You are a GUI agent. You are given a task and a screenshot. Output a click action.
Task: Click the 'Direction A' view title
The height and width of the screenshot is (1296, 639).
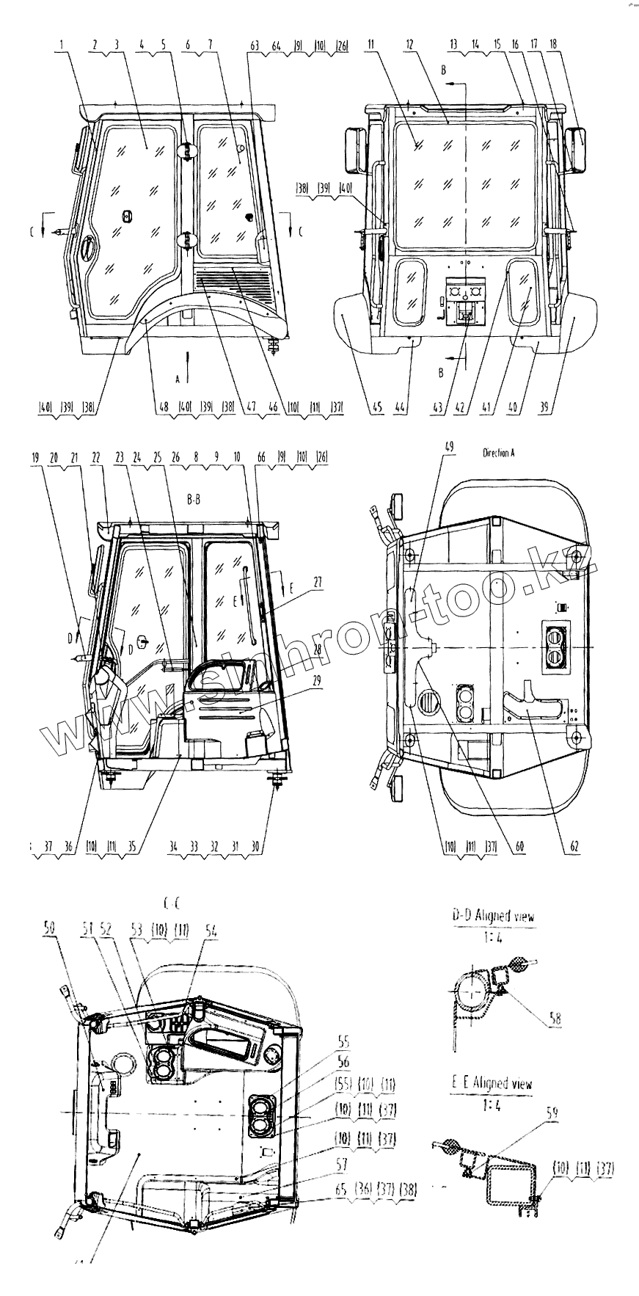498,453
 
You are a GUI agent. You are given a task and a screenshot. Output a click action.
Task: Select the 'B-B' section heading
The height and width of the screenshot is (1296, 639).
194,500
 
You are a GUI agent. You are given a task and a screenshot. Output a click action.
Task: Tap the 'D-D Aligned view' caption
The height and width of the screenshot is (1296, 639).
492,916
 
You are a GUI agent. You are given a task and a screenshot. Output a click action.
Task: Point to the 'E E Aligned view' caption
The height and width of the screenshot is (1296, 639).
492,1083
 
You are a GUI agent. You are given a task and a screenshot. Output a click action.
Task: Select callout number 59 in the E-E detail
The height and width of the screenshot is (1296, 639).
552,1113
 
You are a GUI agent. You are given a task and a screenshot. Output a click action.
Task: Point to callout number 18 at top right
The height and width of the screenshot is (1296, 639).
552,45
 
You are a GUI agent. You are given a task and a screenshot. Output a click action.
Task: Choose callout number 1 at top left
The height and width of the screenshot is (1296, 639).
63,45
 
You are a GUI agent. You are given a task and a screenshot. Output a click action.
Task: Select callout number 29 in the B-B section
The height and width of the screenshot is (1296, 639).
316,680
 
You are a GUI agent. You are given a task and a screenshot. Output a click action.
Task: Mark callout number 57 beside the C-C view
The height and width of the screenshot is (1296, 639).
342,1164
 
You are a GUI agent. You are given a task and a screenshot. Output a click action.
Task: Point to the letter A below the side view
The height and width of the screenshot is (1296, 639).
177,379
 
